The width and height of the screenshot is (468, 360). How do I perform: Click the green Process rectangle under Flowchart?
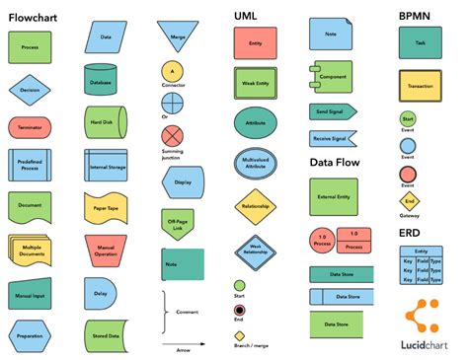coord(30,45)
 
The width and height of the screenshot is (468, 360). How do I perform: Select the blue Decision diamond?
coord(30,90)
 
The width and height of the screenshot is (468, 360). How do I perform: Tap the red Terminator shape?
coord(30,127)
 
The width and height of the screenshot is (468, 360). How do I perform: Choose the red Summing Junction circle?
coord(173,135)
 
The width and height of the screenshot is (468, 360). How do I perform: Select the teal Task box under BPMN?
coord(421,43)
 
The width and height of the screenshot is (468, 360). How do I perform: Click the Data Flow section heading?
coord(334,162)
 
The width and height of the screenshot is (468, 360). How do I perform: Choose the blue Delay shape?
coord(101,293)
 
